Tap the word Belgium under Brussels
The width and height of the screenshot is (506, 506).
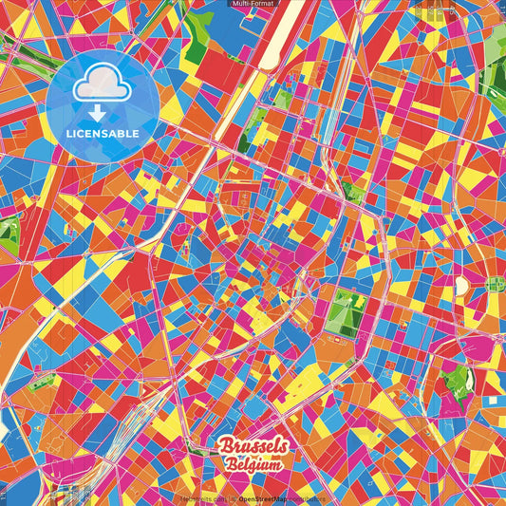[253, 465]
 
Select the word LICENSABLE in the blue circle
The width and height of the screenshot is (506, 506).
[103, 134]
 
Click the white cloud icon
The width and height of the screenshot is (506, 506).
[103, 84]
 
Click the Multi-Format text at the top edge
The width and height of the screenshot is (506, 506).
[253, 4]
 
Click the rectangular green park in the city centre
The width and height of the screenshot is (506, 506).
[344, 312]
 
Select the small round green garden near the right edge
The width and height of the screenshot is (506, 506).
[493, 283]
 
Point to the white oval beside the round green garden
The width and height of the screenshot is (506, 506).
[462, 285]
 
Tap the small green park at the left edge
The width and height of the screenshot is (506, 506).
[8, 234]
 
